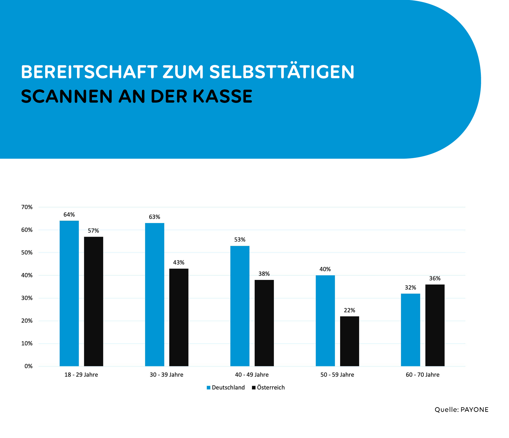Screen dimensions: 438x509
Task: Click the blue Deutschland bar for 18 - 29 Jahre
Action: pyautogui.click(x=69, y=293)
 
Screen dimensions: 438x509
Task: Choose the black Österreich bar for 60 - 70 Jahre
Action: pyautogui.click(x=435, y=325)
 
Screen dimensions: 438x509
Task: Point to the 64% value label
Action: pyautogui.click(x=69, y=215)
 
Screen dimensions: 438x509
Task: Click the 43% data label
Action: pyautogui.click(x=179, y=263)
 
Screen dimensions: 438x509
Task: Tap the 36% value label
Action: pyautogui.click(x=435, y=278)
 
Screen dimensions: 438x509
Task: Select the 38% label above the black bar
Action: pyautogui.click(x=264, y=274)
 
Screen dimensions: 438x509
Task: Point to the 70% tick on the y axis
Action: pyautogui.click(x=27, y=207)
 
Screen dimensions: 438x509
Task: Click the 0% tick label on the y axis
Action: pyautogui.click(x=28, y=366)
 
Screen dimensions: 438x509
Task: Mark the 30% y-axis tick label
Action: pyautogui.click(x=27, y=298)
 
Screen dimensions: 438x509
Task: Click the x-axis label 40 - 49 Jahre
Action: pyautogui.click(x=252, y=375)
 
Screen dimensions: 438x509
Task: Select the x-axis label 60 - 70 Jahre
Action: pyautogui.click(x=423, y=375)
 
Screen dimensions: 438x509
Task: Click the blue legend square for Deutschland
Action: pyautogui.click(x=209, y=388)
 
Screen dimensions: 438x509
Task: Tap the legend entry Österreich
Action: pyautogui.click(x=271, y=388)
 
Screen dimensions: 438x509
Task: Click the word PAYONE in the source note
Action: pyautogui.click(x=475, y=410)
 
